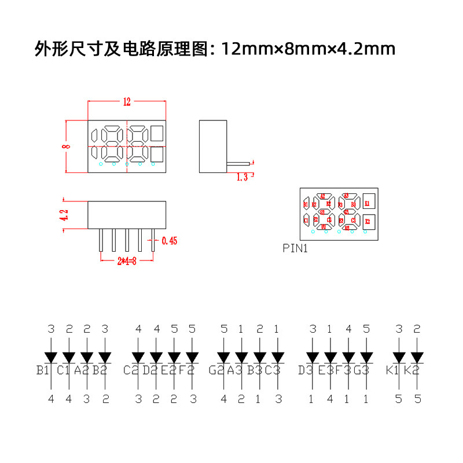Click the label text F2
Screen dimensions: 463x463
point(186,370)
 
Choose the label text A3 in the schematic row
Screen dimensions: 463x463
point(234,370)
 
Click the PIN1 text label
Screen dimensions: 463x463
point(296,248)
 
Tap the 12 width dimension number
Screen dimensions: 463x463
point(127,102)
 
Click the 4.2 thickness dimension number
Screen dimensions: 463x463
point(64,215)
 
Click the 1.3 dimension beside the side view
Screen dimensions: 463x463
point(242,178)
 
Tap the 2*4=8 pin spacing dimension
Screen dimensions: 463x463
point(126,262)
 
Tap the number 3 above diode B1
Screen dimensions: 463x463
point(51,329)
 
